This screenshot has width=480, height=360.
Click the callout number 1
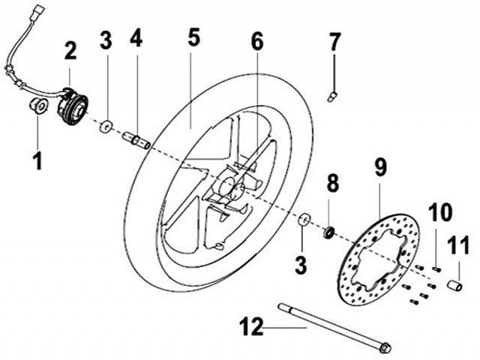coord(37,161)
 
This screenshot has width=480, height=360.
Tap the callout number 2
coord(70,51)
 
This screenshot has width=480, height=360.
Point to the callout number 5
coord(193,37)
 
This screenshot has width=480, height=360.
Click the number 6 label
coord(257,42)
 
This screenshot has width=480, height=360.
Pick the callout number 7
coord(334,42)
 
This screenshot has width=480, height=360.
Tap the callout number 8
coord(333,183)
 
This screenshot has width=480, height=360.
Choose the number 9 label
coord(380,167)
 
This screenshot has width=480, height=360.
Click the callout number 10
coord(440,212)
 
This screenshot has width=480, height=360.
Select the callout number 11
coord(458,245)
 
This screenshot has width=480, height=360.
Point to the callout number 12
coord(251,327)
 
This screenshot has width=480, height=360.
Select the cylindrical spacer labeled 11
coord(455,285)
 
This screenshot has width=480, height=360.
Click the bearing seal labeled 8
coord(329,232)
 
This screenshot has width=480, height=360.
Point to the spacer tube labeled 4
coord(136,140)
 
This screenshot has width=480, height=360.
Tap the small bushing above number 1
coord(38,106)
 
